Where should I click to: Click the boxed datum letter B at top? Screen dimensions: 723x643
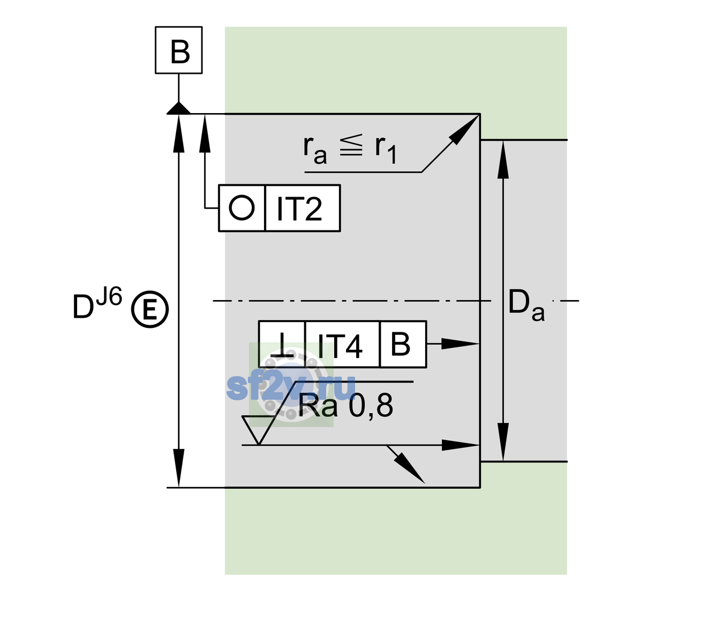coord(180,51)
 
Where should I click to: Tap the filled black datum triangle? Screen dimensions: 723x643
coord(178,109)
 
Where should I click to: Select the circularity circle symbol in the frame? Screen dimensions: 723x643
coord(242,208)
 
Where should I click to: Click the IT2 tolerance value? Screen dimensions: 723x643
coord(299,209)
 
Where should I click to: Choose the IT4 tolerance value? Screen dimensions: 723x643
coord(340,346)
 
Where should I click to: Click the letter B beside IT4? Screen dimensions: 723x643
coord(401,344)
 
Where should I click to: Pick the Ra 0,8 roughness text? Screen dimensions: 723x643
coord(345,406)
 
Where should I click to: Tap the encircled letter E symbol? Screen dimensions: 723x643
coord(150,309)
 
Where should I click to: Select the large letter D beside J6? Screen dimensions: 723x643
coord(83,306)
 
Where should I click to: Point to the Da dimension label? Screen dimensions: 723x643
coord(526,305)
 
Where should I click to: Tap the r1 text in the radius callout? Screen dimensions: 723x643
coord(386,149)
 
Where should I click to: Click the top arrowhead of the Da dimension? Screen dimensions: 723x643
coord(503,160)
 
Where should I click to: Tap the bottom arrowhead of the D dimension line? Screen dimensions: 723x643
coord(178,468)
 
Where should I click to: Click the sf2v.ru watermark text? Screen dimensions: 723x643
coord(291,387)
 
